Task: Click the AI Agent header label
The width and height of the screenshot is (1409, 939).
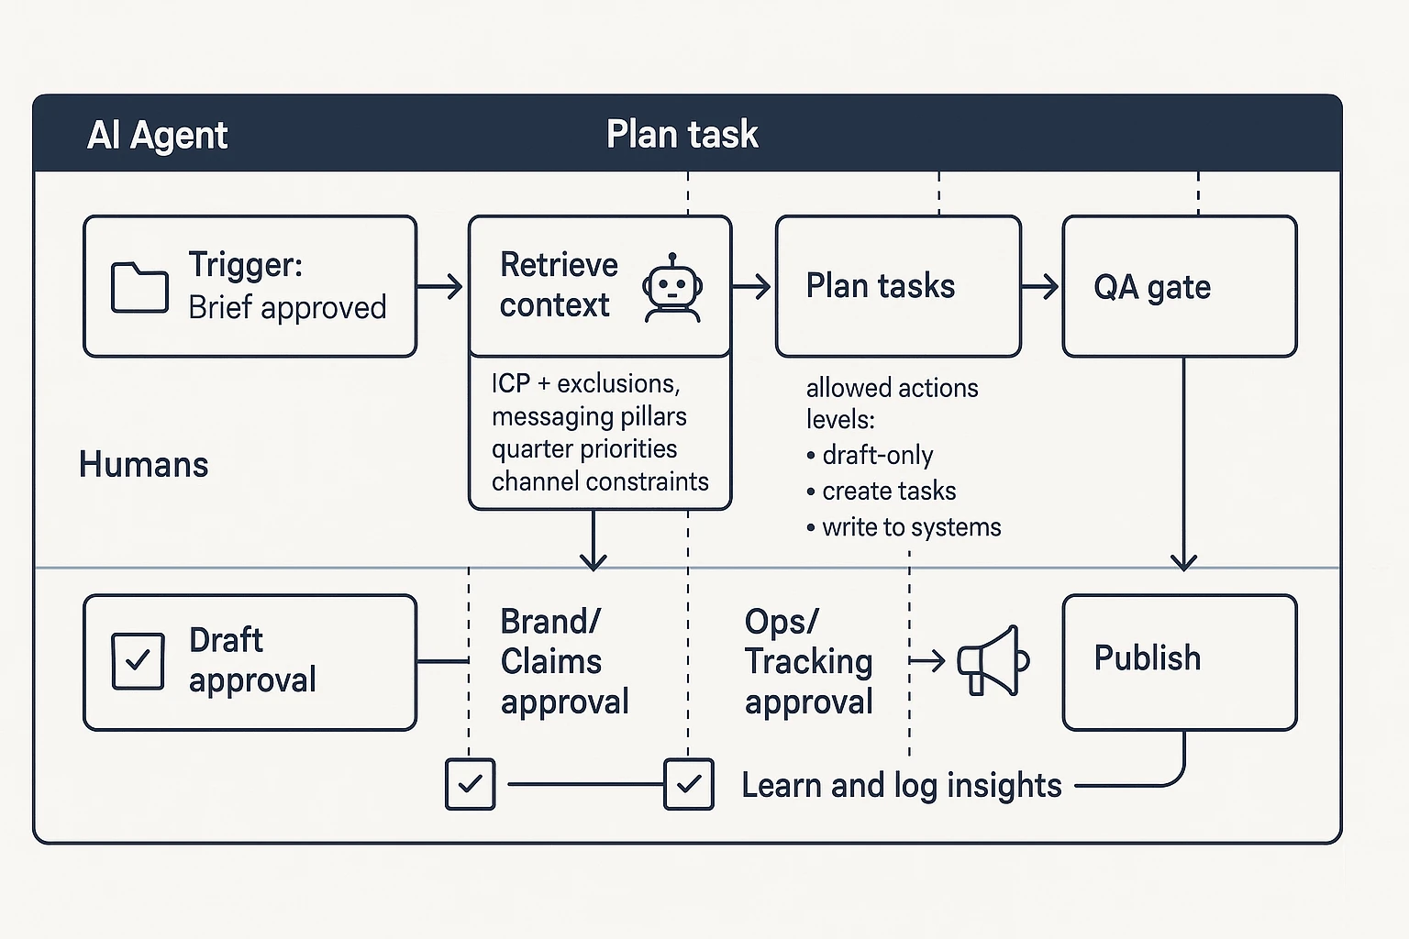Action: click(x=157, y=136)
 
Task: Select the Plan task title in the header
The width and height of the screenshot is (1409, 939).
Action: click(x=682, y=135)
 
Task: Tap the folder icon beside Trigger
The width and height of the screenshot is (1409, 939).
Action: click(x=139, y=287)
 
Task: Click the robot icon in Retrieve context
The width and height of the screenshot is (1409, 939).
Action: click(x=672, y=288)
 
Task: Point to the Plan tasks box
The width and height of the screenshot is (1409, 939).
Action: click(x=897, y=286)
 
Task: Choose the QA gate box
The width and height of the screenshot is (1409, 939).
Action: click(x=1179, y=286)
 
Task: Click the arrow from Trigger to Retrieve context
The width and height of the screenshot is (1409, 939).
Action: click(x=441, y=287)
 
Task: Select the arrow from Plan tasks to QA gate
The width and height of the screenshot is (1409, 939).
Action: click(x=1040, y=287)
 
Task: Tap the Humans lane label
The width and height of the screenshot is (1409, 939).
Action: click(x=144, y=464)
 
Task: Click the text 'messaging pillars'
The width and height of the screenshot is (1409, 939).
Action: click(x=589, y=416)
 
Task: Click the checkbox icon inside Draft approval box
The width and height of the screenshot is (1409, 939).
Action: click(x=138, y=660)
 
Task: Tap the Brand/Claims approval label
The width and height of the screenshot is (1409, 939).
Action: click(x=564, y=661)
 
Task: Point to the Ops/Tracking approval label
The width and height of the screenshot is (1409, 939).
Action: click(x=808, y=661)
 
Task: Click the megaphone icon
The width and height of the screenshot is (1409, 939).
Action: click(x=993, y=660)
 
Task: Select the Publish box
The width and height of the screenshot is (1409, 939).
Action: click(x=1179, y=661)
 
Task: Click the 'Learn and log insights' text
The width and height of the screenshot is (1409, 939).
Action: click(x=901, y=786)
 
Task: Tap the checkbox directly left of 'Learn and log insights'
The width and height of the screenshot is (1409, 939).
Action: click(x=689, y=785)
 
